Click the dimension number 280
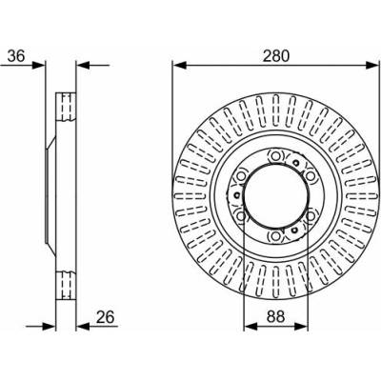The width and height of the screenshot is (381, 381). click(x=276, y=56)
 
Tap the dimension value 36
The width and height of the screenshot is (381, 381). click(x=16, y=56)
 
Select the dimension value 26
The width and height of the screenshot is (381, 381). click(x=106, y=317)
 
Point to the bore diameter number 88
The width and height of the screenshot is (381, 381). click(x=275, y=318)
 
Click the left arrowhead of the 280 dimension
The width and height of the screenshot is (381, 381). click(x=179, y=66)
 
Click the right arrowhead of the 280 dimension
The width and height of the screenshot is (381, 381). click(x=372, y=66)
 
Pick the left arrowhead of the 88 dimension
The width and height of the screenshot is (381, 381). click(x=251, y=326)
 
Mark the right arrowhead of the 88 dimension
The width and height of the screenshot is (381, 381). click(x=301, y=326)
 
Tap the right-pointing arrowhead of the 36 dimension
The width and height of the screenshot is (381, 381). click(x=39, y=66)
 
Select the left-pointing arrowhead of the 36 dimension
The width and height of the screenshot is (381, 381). click(x=83, y=66)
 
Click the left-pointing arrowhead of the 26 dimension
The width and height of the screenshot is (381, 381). click(x=83, y=326)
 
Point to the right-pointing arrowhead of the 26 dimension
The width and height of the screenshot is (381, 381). click(x=49, y=326)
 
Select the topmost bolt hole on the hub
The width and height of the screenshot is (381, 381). click(x=274, y=155)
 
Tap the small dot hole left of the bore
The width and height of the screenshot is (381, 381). click(x=236, y=195)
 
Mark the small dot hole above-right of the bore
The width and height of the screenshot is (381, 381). click(x=296, y=163)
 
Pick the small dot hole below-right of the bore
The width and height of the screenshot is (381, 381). click(x=295, y=230)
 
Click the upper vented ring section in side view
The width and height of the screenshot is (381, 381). click(x=66, y=107)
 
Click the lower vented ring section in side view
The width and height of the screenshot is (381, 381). click(x=66, y=285)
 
